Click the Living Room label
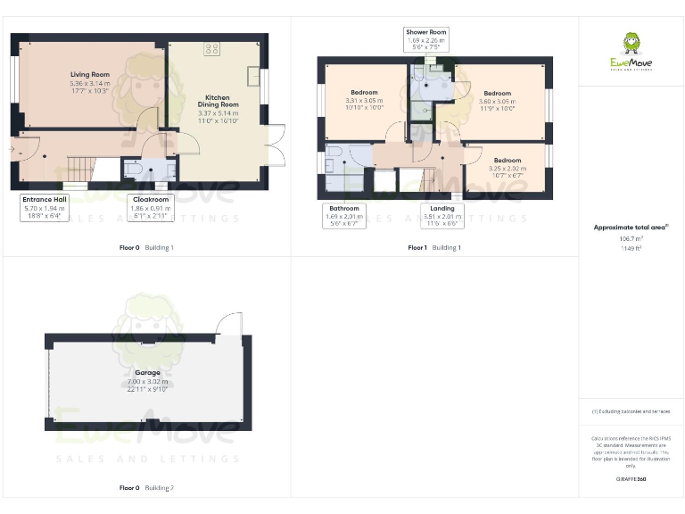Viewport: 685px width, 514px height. point(89,81)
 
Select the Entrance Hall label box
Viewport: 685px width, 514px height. point(44,207)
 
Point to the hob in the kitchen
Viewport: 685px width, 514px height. point(212,48)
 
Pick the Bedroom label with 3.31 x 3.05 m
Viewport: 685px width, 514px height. point(364,97)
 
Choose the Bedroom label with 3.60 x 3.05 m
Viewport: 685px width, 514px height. point(497,98)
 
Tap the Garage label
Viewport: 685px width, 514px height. point(147,377)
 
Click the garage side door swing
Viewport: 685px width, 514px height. point(229,323)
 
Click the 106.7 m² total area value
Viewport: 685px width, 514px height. point(631,239)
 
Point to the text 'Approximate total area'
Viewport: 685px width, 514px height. point(630,228)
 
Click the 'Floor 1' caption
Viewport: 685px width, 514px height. point(417,247)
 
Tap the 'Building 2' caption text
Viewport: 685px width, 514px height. point(160,488)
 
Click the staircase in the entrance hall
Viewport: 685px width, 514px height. point(81,166)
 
